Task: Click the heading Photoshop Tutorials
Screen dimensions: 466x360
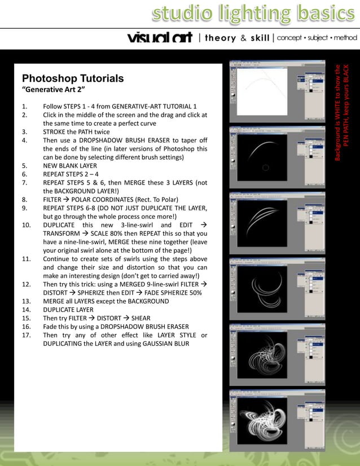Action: [x=72, y=78]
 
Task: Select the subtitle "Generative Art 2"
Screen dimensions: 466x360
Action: [x=53, y=90]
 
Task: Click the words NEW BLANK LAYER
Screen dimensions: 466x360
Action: [x=70, y=166]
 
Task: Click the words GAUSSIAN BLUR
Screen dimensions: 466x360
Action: [x=164, y=344]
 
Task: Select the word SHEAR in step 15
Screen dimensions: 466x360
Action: [x=141, y=318]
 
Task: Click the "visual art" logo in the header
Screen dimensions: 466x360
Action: [x=160, y=38]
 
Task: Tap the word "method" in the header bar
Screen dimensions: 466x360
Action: [x=346, y=38]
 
